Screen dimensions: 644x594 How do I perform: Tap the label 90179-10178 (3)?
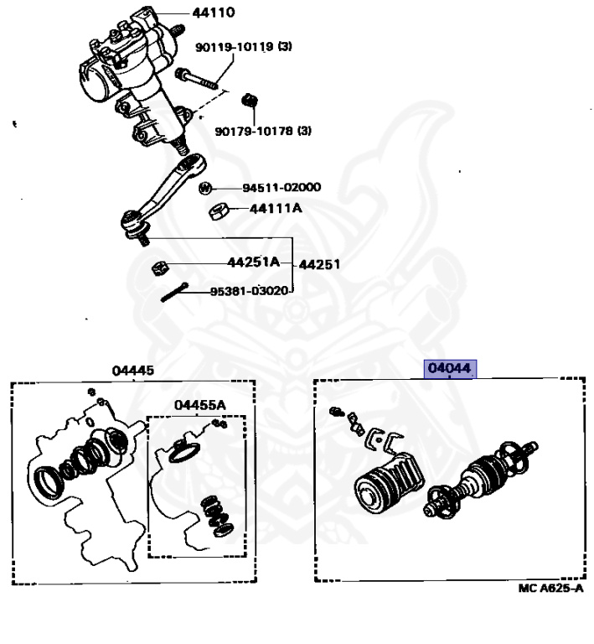[x=263, y=130]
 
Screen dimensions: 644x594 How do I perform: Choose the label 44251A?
[x=252, y=262]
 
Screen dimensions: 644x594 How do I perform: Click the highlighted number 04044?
[x=450, y=369]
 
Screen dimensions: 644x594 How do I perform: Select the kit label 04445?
[x=133, y=370]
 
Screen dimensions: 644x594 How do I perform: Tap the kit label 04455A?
[x=200, y=405]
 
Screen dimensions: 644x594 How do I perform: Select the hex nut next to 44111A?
[x=214, y=210]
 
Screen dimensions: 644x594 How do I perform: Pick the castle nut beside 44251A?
[x=158, y=267]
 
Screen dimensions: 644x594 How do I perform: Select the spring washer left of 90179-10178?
[x=248, y=101]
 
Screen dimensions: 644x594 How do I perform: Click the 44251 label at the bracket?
[x=322, y=264]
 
